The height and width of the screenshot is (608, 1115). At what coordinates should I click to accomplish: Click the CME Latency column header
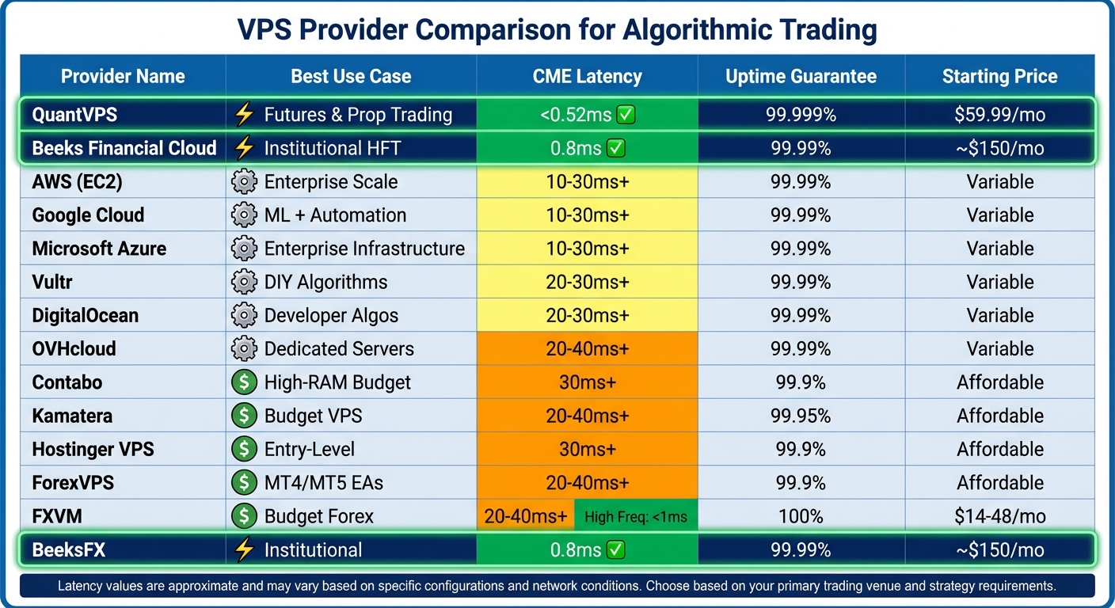point(587,77)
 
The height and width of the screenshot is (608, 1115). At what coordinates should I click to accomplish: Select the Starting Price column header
point(999,77)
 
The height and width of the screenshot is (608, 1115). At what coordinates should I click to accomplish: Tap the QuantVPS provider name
point(74,115)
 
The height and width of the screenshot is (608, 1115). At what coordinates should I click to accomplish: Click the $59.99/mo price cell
point(999,115)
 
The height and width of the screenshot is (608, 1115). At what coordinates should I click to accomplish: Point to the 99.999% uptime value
point(801,115)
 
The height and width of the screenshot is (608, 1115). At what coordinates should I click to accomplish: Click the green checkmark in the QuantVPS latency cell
point(626,116)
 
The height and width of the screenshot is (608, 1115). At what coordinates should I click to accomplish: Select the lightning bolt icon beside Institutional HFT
point(244,149)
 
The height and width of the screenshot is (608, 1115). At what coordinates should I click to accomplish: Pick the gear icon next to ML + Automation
point(244,215)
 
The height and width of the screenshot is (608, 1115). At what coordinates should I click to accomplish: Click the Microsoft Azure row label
point(99,249)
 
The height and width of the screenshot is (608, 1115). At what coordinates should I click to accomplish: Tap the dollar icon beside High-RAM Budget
point(244,382)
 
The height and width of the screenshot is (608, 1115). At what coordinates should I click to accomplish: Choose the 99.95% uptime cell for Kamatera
point(801,416)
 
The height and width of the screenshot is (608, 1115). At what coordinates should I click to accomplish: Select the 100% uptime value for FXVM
point(801,517)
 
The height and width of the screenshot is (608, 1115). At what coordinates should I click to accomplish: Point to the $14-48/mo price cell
point(999,517)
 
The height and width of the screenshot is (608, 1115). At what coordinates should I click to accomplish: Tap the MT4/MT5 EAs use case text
point(325,483)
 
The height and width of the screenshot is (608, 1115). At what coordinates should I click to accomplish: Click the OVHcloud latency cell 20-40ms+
point(587,349)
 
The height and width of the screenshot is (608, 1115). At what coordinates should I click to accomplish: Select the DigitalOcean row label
point(85,316)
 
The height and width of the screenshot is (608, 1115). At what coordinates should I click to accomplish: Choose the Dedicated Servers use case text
point(339,349)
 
